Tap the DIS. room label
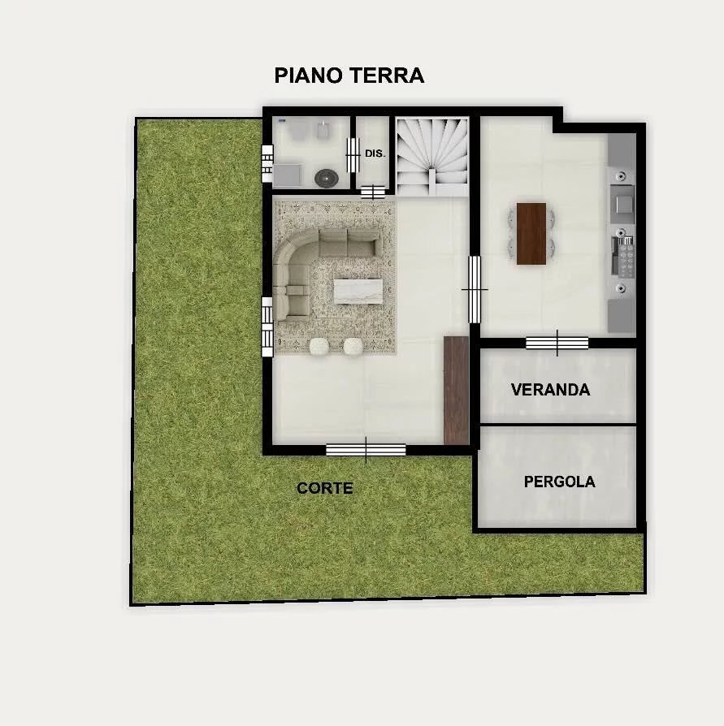[x=375, y=153]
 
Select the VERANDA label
[x=550, y=390]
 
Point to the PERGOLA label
[x=559, y=482]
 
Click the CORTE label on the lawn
[x=325, y=488]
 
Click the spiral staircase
[x=431, y=157]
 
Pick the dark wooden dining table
[x=531, y=233]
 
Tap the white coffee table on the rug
[x=358, y=292]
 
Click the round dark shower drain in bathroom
[x=326, y=178]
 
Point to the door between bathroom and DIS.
[x=353, y=154]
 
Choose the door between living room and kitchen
[x=475, y=289]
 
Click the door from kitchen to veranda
[x=557, y=343]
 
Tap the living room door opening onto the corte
[x=366, y=450]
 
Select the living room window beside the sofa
[x=267, y=327]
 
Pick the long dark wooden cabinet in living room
[x=457, y=391]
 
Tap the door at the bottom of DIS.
[x=372, y=192]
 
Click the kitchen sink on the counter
[x=623, y=203]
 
